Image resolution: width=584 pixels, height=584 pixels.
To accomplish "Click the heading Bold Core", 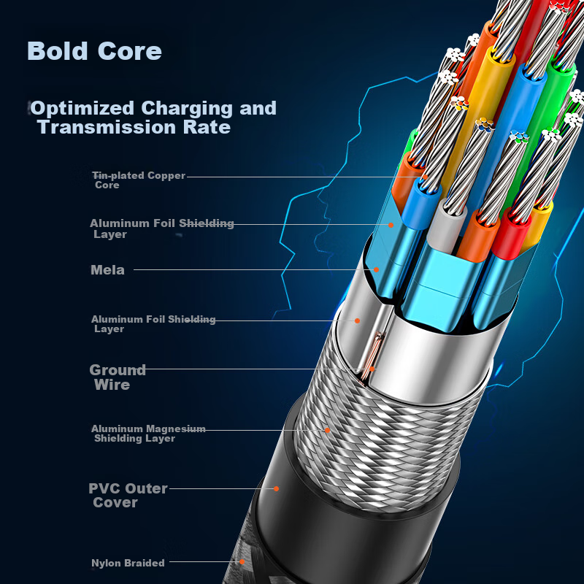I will (94, 52).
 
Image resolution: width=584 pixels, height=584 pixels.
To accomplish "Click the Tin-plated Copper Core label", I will (138, 180).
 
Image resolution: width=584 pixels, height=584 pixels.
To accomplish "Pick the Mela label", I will (107, 270).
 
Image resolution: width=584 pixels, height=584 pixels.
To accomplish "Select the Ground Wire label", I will (117, 377).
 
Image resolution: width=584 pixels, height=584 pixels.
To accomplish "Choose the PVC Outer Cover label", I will (128, 495).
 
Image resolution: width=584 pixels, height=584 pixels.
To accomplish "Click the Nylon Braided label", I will (128, 563).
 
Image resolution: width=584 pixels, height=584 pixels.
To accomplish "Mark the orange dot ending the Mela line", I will (377, 269).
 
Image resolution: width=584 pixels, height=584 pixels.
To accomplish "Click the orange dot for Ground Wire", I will (372, 369).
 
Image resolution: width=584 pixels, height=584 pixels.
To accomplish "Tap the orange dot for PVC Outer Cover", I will (277, 488).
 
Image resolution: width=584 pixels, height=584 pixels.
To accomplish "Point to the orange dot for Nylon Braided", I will (244, 561).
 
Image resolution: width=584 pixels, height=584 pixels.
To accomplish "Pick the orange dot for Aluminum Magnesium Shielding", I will (327, 430).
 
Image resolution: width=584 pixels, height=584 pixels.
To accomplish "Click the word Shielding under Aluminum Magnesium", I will (120, 439).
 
